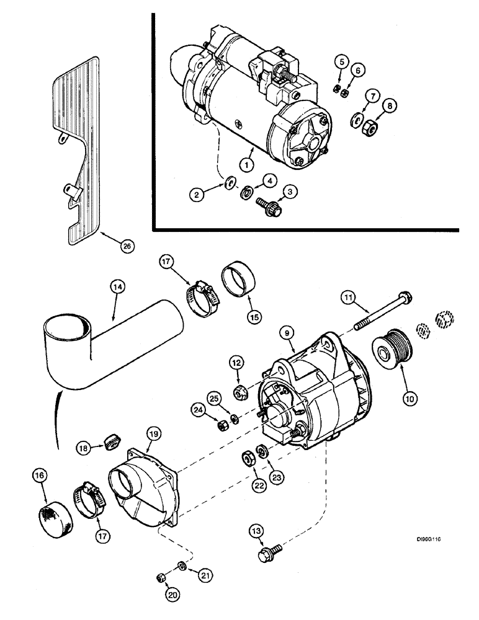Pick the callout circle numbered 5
coord(339,61)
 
